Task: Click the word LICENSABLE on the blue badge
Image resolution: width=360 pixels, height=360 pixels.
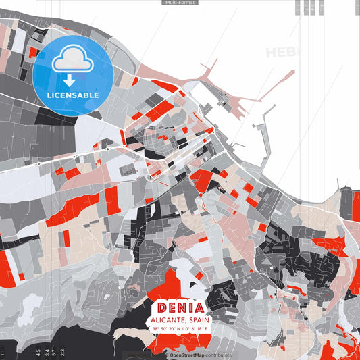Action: [x=73, y=95]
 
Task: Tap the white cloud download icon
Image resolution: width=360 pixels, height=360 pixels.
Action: [x=73, y=63]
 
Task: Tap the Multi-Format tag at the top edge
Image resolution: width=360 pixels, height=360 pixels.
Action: [x=180, y=3]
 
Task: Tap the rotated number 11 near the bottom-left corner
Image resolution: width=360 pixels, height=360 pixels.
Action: [x=3, y=351]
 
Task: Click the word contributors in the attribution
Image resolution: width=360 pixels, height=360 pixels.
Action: [x=215, y=355]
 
